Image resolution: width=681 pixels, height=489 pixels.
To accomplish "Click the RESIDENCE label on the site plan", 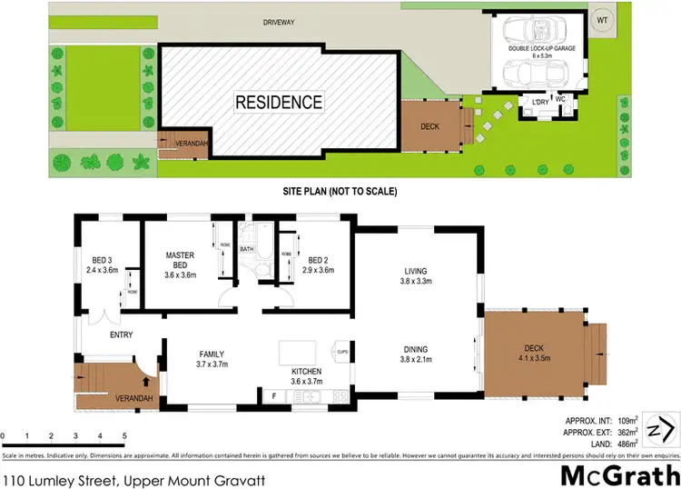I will coord(279,102).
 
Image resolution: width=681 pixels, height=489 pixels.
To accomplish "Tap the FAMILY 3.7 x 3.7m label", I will coord(212,359).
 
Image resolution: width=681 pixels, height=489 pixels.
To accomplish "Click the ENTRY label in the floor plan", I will coord(121,334).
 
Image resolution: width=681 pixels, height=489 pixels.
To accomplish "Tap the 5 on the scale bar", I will coord(123,436).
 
